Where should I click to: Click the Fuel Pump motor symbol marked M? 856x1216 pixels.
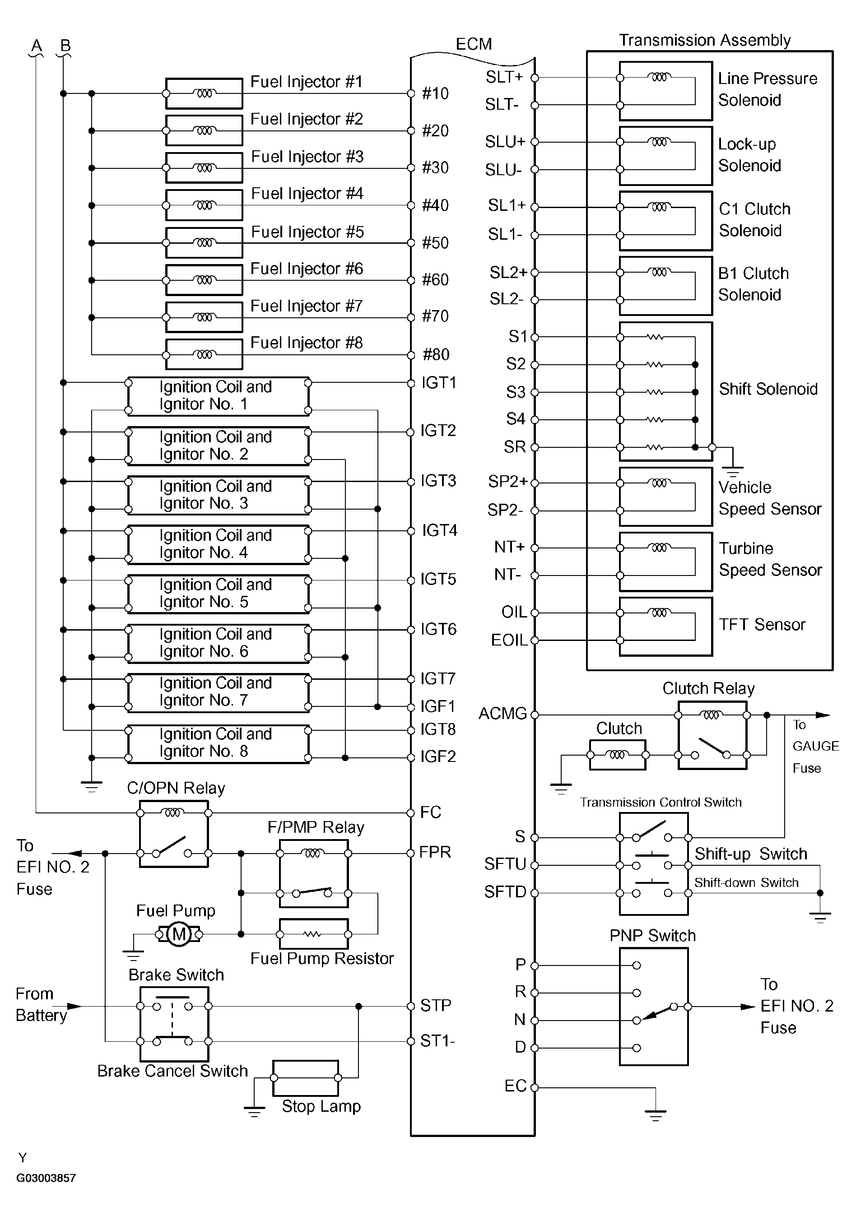tap(179, 934)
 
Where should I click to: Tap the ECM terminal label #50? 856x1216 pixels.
tap(435, 243)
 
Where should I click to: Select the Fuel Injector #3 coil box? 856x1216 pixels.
tap(204, 168)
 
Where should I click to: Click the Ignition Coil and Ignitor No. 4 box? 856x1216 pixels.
tap(218, 544)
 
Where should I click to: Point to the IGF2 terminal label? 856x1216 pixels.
tap(437, 757)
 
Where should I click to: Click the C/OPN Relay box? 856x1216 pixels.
tap(174, 834)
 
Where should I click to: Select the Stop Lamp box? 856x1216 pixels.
tap(306, 1078)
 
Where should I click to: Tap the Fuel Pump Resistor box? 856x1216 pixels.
tap(314, 934)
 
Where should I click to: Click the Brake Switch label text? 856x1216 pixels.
tap(177, 975)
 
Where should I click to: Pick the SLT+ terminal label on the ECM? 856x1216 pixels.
tap(504, 77)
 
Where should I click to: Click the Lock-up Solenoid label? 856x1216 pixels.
tap(749, 155)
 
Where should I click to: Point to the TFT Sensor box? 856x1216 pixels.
tap(665, 627)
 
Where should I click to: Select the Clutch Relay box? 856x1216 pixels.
tap(712, 735)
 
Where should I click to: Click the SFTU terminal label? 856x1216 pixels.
tap(505, 864)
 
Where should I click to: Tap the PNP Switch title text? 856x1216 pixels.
tap(652, 936)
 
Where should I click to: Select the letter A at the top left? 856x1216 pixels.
tap(37, 46)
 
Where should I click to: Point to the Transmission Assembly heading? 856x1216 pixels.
tap(704, 40)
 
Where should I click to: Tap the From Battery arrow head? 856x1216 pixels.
tap(75, 1006)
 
